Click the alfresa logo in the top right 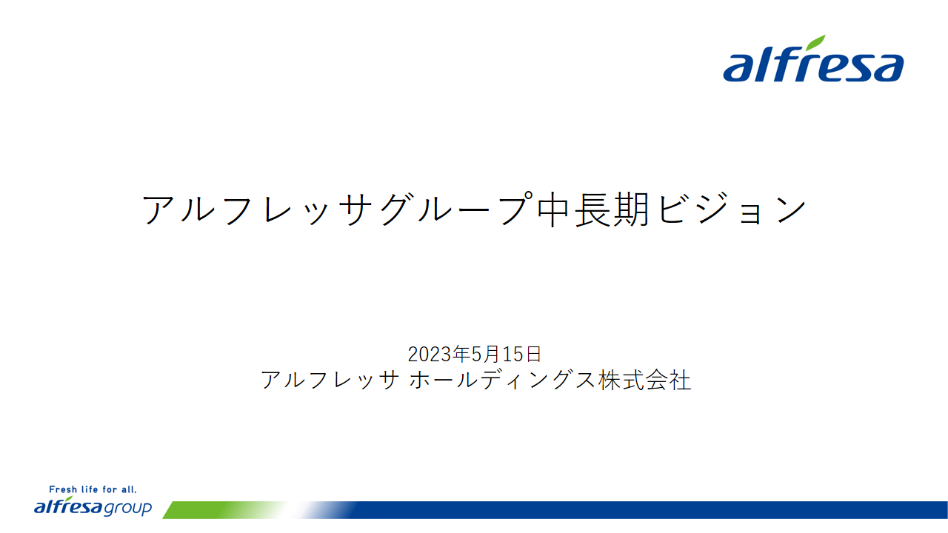click(813, 58)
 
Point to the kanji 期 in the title click(631, 209)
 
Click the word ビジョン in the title click(732, 209)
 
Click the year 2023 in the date click(430, 355)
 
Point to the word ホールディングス click(502, 380)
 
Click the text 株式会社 click(644, 380)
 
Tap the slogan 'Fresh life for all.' click(93, 489)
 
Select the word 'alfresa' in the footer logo click(69, 506)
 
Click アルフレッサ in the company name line click(330, 380)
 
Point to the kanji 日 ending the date click(533, 354)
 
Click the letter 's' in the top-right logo click(850, 67)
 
